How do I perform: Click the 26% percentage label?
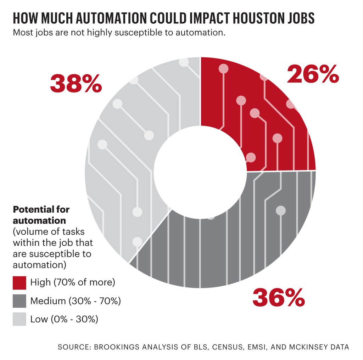(313, 75)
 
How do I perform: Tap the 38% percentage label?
(76, 84)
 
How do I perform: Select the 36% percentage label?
(279, 298)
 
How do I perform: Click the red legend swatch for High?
(19, 283)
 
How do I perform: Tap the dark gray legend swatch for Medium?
(19, 301)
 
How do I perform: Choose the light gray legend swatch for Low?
(19, 319)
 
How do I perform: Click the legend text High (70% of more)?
(73, 283)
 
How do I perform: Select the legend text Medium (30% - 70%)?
(76, 301)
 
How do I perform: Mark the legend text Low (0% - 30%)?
(64, 319)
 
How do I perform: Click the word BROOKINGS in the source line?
(116, 347)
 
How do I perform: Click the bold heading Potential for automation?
(41, 215)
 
